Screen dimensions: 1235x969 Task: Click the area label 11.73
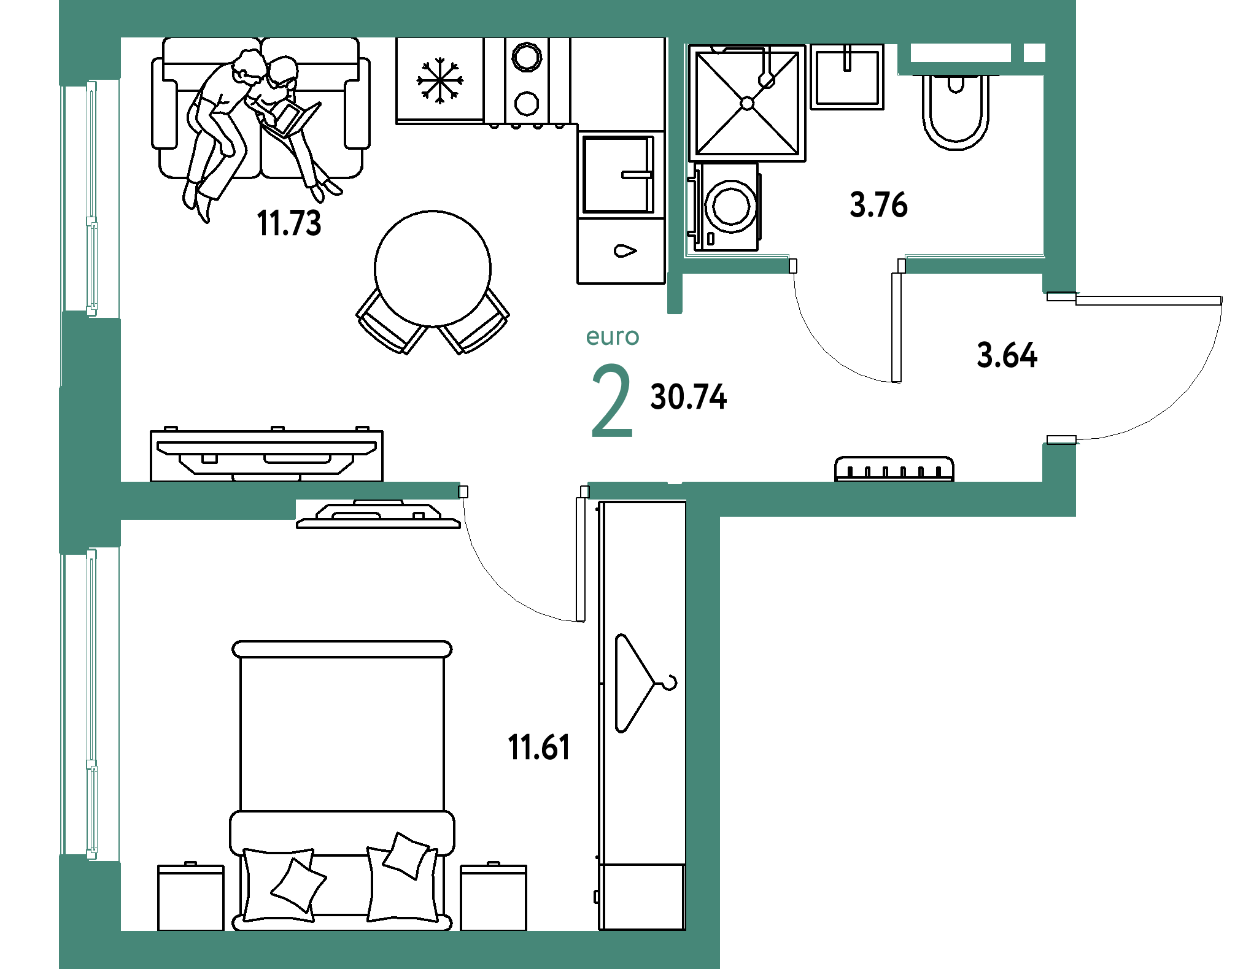click(x=289, y=223)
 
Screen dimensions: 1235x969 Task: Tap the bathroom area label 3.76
click(x=878, y=205)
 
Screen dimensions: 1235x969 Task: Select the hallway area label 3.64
click(x=1007, y=355)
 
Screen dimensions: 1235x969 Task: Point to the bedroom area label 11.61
click(x=539, y=747)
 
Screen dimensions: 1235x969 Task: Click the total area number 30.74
click(x=689, y=397)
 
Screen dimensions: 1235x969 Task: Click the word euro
click(x=613, y=337)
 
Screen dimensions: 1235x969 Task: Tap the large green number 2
click(x=612, y=400)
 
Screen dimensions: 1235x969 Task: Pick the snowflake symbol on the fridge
click(x=439, y=80)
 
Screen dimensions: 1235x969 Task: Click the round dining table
click(x=433, y=269)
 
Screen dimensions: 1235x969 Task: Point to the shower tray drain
click(x=748, y=104)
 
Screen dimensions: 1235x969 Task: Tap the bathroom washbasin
click(x=847, y=77)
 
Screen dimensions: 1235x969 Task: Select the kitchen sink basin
click(x=617, y=174)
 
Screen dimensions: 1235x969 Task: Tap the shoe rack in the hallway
click(x=894, y=469)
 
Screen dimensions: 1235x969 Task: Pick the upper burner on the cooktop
click(x=527, y=58)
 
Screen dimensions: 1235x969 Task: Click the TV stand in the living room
click(x=266, y=455)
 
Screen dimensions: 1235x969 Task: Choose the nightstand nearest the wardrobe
click(x=494, y=897)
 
